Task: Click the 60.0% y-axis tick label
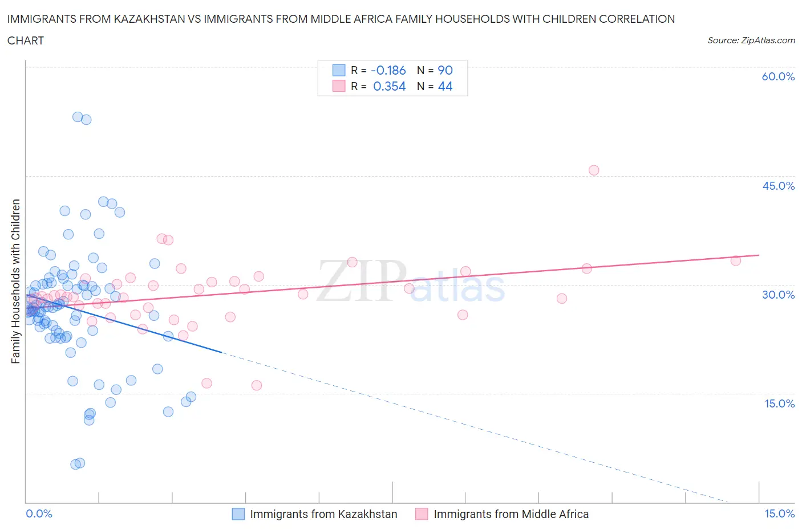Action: [x=778, y=76]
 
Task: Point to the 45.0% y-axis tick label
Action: [x=778, y=186]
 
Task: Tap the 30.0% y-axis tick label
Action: [x=778, y=295]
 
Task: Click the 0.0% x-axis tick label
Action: [x=39, y=513]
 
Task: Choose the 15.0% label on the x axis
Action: [x=779, y=513]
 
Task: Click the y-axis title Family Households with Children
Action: [x=15, y=281]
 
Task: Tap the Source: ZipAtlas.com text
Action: [x=751, y=40]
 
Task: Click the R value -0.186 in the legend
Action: [x=388, y=70]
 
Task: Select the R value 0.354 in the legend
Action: [x=389, y=86]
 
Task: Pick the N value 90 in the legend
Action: [x=445, y=70]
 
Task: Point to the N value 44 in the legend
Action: [x=445, y=86]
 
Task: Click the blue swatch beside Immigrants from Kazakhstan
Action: [x=238, y=514]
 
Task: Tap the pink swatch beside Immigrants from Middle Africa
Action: [x=422, y=514]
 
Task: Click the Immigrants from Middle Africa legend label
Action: [x=511, y=514]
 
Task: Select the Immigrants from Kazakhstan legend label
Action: [x=323, y=514]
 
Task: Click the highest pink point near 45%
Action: [x=593, y=170]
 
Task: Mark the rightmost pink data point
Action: [x=735, y=260]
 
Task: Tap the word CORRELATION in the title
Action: [x=637, y=19]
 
